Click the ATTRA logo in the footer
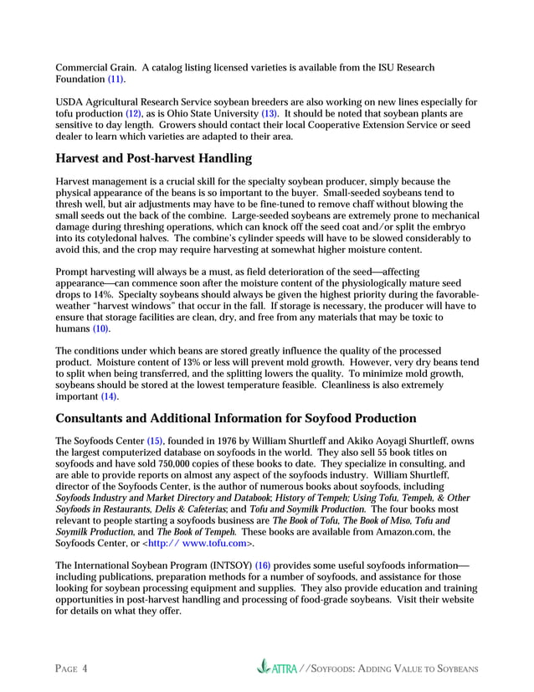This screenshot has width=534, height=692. (279, 669)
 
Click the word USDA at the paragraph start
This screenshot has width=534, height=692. (69, 101)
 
